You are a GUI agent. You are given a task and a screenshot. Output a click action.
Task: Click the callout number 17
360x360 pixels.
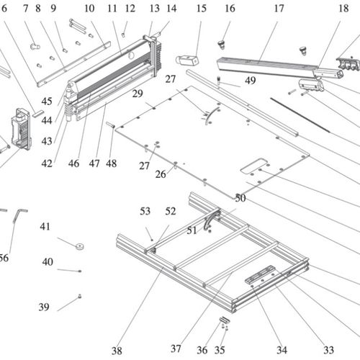pos(279,9)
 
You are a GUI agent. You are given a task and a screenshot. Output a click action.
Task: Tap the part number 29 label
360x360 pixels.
pos(138,94)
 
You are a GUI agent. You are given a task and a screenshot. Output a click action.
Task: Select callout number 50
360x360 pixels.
pos(240,197)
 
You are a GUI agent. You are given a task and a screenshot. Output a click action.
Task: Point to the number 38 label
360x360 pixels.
pos(117,351)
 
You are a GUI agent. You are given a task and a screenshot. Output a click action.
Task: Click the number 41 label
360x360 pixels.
pos(45,227)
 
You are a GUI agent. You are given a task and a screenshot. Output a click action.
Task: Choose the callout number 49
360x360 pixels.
pos(250,81)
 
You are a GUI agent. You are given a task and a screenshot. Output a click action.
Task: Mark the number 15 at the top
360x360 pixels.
pos(201,9)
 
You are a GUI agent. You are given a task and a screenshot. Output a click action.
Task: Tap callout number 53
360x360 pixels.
pos(145,211)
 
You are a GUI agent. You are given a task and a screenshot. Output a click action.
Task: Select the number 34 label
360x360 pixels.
pos(281,351)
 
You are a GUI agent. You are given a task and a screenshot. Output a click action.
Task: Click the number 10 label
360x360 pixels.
pos(89,9)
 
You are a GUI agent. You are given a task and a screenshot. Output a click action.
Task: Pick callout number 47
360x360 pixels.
pos(94,163)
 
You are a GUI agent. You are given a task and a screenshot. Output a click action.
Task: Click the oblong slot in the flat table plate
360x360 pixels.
pos(254,166)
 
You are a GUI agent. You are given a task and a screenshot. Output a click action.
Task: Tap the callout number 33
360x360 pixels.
pos(328,351)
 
